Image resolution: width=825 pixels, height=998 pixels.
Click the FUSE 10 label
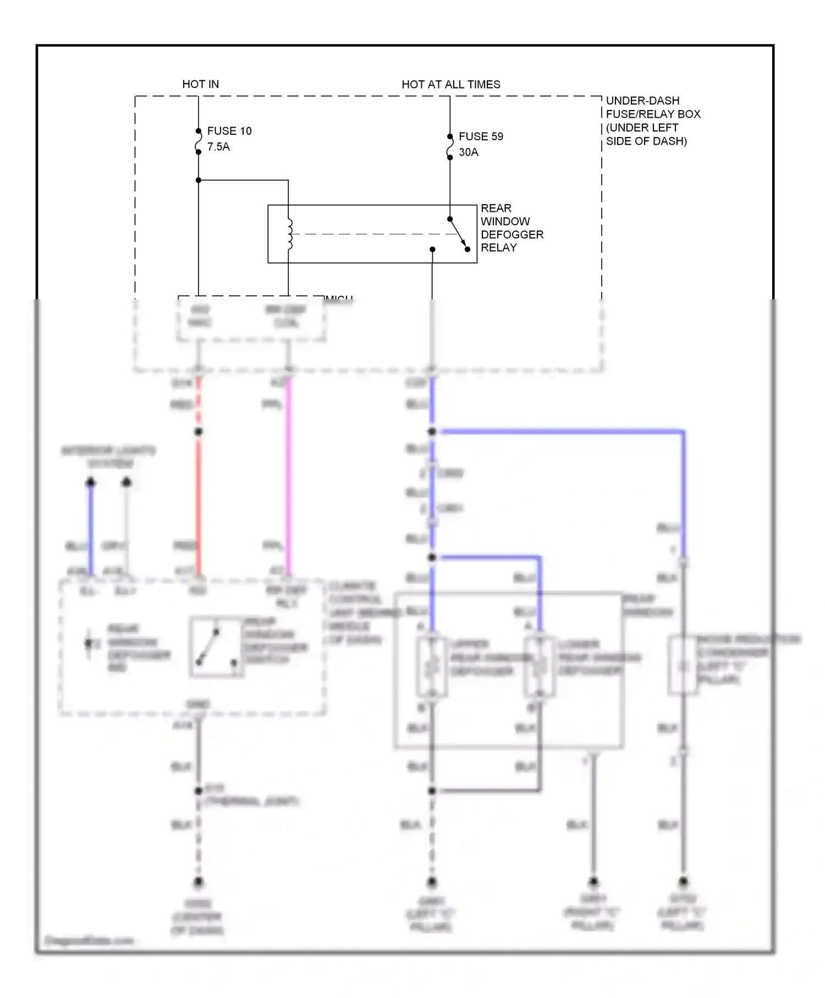229,131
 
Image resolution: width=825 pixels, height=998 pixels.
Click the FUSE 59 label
481,136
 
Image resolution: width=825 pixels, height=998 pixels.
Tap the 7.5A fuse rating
218,147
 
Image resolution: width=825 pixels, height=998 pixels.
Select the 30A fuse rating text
469,152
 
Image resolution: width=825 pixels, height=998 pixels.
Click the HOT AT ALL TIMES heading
450,84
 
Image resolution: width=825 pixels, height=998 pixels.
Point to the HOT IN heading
200,84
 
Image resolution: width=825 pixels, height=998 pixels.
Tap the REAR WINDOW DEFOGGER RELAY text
511,228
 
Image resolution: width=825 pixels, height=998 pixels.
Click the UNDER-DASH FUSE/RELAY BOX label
652,120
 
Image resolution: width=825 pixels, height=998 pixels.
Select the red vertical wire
199,495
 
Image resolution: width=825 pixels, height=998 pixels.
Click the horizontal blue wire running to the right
561,432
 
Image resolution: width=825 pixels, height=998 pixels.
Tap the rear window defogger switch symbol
217,647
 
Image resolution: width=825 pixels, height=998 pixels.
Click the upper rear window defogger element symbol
432,667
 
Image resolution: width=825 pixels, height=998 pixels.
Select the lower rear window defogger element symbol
539,667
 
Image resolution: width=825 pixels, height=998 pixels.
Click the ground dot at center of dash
199,882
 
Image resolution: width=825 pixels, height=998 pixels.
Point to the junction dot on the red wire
199,432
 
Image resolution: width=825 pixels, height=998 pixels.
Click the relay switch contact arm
458,234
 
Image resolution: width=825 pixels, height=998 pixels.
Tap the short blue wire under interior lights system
91,528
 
